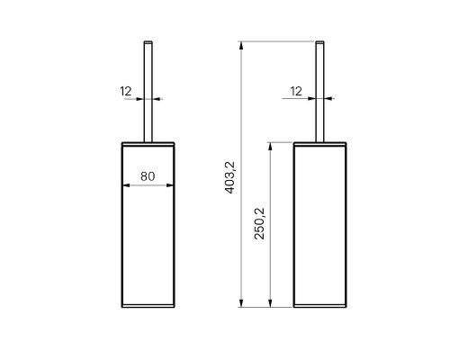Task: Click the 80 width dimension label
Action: pos(148,176)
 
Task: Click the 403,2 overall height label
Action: pos(230,177)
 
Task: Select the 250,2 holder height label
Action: pos(259,223)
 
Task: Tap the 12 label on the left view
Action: pos(126,91)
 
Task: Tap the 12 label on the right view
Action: pos(296,91)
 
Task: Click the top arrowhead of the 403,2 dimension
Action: pos(240,45)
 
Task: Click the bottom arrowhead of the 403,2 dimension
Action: pos(240,303)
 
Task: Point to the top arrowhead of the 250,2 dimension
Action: pos(270,146)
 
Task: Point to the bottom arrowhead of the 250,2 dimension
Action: pos(270,303)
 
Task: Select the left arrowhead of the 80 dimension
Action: pos(126,185)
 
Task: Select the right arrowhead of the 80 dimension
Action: pos(170,185)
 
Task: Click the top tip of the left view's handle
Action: pos(148,41)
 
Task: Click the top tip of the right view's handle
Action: pos(319,41)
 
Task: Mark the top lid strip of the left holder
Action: pos(148,144)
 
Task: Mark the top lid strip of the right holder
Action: pos(319,144)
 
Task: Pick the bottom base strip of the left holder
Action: pos(148,306)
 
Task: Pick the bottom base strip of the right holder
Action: pos(319,306)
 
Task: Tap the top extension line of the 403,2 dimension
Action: pos(276,41)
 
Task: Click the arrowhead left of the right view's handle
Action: pos(312,98)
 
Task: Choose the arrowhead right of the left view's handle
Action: pos(156,99)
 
